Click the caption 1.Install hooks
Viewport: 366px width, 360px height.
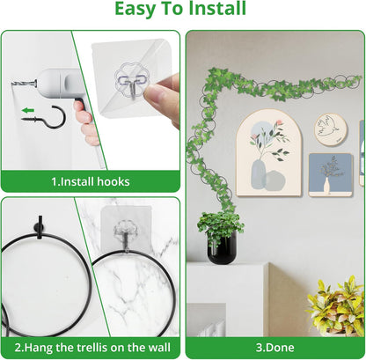click(x=91, y=181)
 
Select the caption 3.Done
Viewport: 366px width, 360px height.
click(x=275, y=348)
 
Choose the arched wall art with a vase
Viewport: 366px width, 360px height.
click(x=268, y=153)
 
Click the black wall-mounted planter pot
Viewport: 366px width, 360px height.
click(x=221, y=248)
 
